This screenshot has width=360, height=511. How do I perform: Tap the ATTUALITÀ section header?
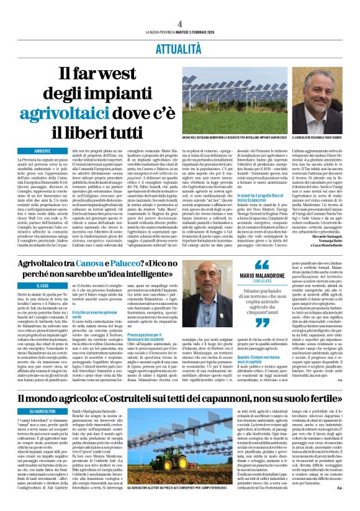tap(179, 47)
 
